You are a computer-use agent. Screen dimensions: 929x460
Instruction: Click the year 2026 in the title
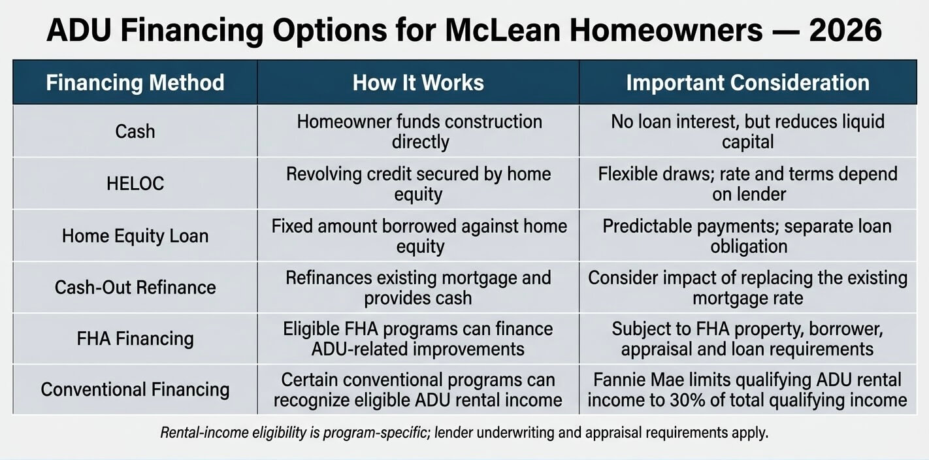845,30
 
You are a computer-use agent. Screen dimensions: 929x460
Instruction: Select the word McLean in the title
502,30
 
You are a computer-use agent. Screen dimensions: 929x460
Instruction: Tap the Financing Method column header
135,82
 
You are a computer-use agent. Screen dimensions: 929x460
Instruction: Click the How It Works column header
418,82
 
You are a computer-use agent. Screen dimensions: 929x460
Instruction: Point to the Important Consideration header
748,82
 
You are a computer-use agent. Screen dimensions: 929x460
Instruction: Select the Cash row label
135,131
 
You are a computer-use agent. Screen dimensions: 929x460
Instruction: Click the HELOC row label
135,184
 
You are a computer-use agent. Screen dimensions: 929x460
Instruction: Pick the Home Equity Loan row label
135,236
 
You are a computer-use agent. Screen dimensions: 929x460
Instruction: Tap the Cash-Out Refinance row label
135,287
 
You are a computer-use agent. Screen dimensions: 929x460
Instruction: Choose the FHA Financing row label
135,338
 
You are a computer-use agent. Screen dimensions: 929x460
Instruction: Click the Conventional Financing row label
135,389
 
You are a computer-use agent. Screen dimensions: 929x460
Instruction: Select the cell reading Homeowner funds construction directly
419,131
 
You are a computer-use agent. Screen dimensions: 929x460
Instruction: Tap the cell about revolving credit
419,184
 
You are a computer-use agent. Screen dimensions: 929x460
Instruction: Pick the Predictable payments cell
747,236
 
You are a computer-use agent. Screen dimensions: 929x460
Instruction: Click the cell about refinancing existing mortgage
419,287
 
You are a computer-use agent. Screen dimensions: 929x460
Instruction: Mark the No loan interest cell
748,131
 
